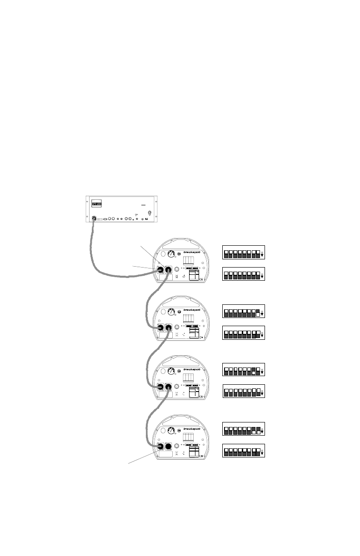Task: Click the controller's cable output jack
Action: pos(94,218)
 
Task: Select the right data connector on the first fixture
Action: pos(170,270)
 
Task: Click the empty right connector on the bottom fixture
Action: pos(170,447)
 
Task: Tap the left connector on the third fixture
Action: pos(160,387)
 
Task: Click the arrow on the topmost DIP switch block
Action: pos(262,254)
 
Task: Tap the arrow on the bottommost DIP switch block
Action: pos(262,453)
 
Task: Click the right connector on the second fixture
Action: pos(170,328)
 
